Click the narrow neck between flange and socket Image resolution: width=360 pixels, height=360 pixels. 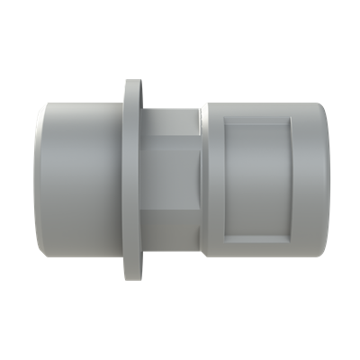point(171,180)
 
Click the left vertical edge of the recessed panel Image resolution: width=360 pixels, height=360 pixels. point(225,180)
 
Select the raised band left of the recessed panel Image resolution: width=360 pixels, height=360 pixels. point(212,180)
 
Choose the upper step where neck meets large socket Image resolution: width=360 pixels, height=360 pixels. point(200,110)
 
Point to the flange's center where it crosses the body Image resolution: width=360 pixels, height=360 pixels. point(130,180)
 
